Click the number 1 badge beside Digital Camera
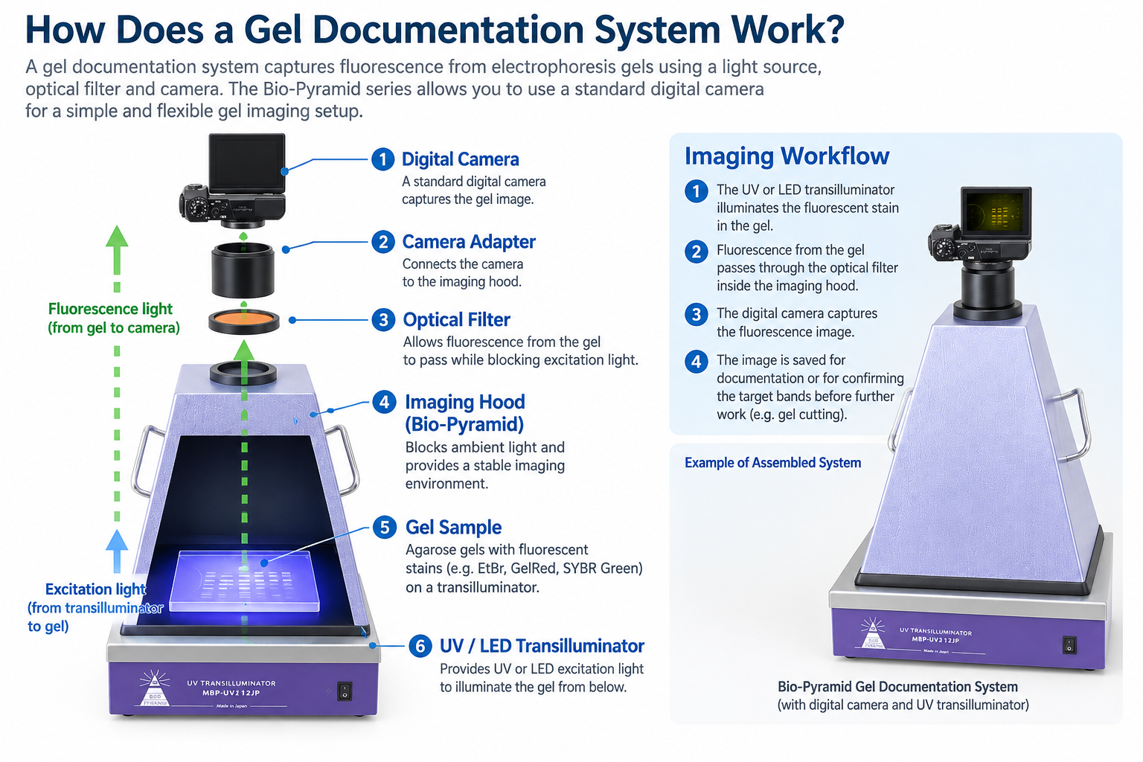point(382,159)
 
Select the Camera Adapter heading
point(469,242)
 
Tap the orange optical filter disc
point(244,318)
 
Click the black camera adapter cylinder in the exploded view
point(243,270)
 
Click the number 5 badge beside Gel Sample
point(385,528)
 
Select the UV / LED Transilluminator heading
point(542,646)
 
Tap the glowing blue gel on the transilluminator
point(244,581)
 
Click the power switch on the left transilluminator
point(345,691)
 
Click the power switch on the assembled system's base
point(1069,645)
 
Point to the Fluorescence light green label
point(114,318)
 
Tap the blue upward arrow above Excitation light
point(117,551)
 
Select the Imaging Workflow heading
point(787,156)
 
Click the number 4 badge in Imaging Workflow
point(696,362)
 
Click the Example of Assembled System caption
point(772,462)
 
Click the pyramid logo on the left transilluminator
point(155,688)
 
